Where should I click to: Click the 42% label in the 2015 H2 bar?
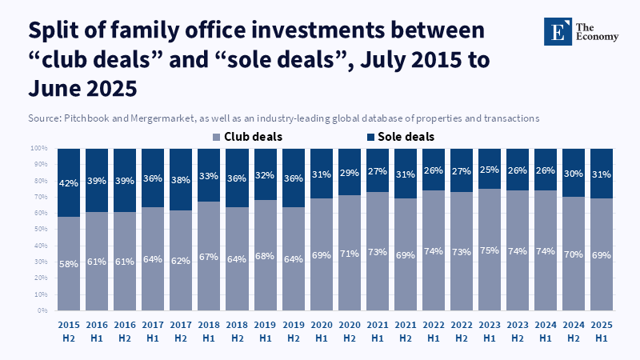tap(69, 183)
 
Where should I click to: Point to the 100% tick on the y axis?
tap(40, 149)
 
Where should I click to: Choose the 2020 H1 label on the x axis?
tap(322, 332)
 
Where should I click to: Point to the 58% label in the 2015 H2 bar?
tap(69, 262)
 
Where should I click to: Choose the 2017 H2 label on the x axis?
tap(181, 332)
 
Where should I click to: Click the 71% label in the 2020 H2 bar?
tap(350, 252)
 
